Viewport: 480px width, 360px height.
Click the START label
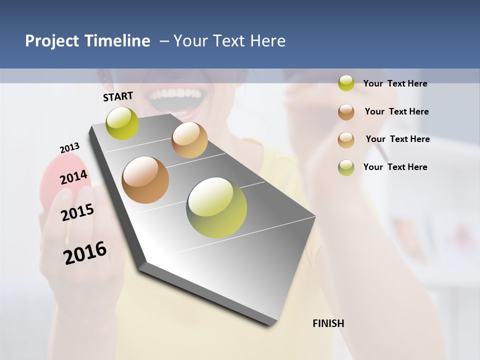[118, 96]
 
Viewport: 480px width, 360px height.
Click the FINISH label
[328, 323]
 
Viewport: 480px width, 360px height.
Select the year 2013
[69, 148]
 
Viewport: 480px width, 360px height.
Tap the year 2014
[74, 177]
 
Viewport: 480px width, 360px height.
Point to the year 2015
[77, 212]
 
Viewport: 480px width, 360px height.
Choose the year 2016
[85, 253]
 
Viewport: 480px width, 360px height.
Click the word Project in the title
[51, 41]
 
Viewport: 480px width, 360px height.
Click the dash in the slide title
[164, 41]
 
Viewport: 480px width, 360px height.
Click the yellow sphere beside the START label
[122, 123]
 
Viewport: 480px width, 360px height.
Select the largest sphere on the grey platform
[216, 207]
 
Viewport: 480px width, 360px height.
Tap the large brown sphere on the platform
[145, 180]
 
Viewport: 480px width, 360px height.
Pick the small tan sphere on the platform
[189, 140]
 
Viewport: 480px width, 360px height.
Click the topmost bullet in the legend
[346, 83]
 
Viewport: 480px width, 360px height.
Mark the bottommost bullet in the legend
[346, 167]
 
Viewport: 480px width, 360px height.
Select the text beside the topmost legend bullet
[395, 83]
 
